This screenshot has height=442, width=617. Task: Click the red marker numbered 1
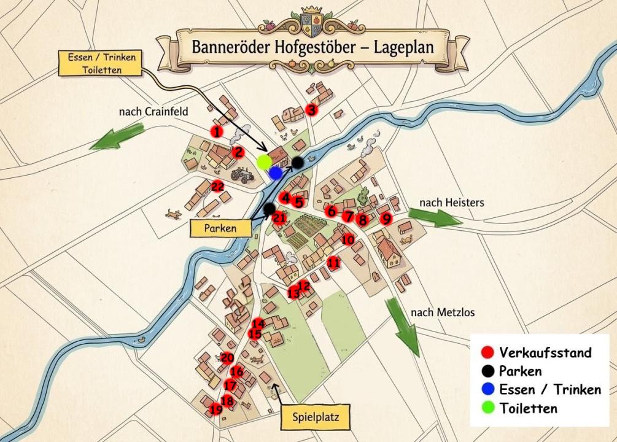216,131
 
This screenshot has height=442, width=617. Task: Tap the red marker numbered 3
311,110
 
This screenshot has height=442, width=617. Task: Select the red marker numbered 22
217,187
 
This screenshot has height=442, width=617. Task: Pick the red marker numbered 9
386,218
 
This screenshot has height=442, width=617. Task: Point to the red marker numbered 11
333,263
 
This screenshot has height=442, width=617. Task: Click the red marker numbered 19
215,409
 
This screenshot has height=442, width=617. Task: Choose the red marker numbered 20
227,358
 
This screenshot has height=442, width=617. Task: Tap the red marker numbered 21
279,218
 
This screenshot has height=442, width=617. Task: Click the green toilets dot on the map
264,162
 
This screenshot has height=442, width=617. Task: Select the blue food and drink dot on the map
276,173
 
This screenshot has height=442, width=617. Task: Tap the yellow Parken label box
221,228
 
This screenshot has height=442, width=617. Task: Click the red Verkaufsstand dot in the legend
487,352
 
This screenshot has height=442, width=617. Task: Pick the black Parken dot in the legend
487,371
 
